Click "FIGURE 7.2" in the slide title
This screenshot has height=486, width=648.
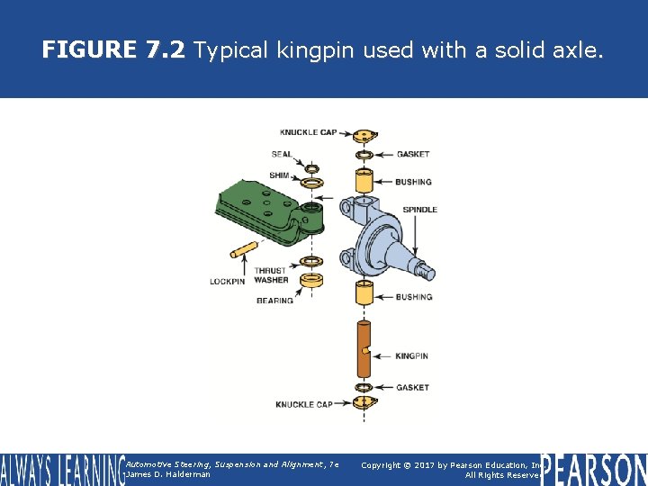(112, 50)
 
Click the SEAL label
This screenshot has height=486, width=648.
(282, 155)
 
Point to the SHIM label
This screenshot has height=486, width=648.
(280, 175)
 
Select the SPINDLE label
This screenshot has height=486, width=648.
(419, 210)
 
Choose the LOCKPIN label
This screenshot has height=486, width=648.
(227, 281)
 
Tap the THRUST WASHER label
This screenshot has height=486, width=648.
(271, 275)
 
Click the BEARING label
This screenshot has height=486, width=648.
(274, 301)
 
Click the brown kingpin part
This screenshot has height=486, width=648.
(364, 351)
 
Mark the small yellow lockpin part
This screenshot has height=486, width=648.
(244, 249)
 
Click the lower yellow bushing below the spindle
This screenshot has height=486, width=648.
(364, 295)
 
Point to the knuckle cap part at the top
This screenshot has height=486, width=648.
(364, 136)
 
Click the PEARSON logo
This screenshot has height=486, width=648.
(595, 468)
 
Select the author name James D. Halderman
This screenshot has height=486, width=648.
(168, 474)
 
